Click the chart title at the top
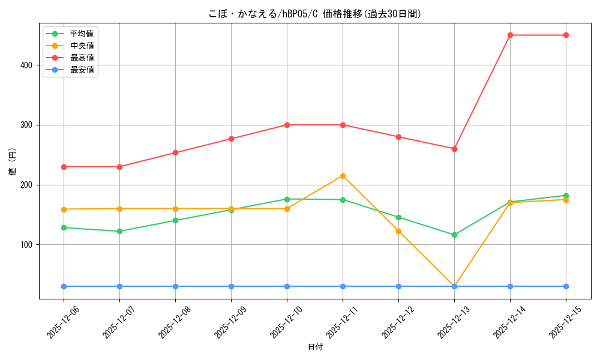pos(315,14)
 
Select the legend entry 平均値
pos(82,34)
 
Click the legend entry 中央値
pos(82,46)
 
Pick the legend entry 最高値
pos(82,58)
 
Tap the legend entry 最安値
pos(82,70)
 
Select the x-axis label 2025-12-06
pos(59,322)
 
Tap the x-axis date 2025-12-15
pos(562,322)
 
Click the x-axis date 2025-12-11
pos(338,322)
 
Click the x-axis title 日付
pos(315,347)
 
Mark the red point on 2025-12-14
pos(510,35)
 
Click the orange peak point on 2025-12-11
pos(343,176)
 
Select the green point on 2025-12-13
pos(454,235)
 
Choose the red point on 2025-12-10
pos(287,125)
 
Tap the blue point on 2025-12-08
pos(175,286)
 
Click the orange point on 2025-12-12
pos(398,231)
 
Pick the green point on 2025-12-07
pos(119,231)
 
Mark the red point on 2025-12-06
pos(64,167)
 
